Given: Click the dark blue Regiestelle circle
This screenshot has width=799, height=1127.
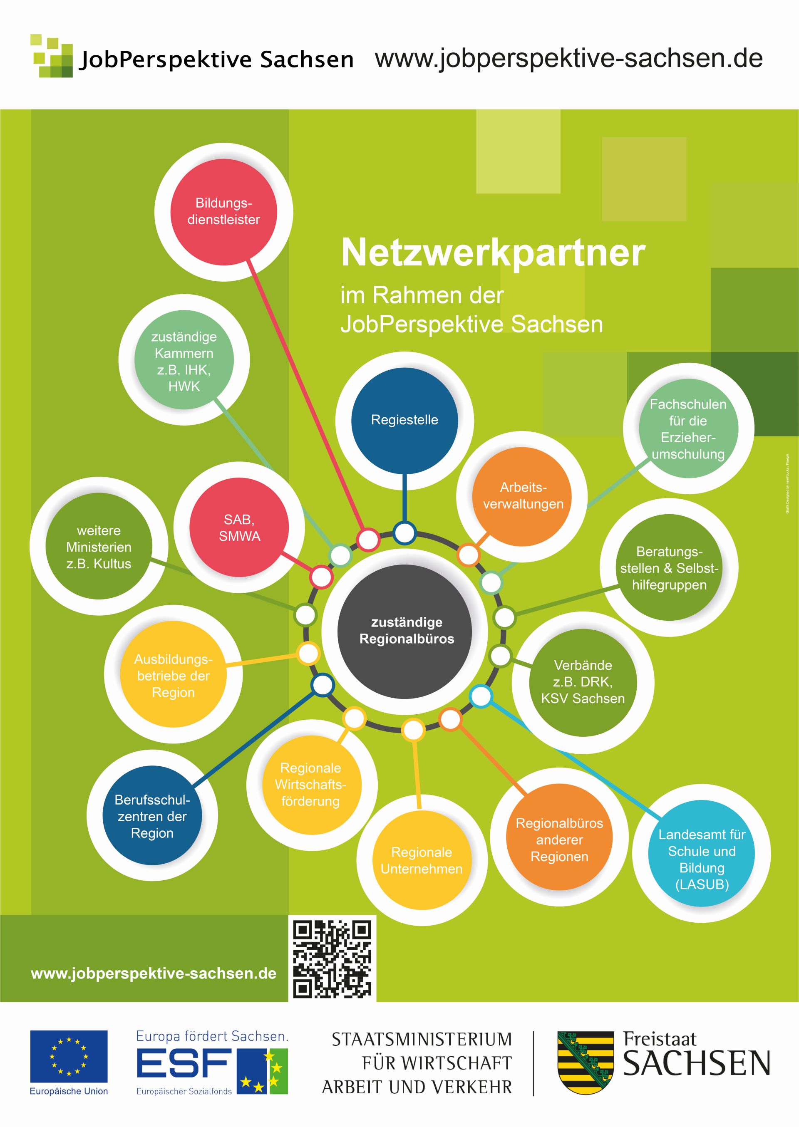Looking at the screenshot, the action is [x=404, y=421].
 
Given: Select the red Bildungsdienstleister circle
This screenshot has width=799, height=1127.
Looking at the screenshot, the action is [x=224, y=212].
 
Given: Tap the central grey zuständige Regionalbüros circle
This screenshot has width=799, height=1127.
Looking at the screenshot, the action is [x=405, y=632].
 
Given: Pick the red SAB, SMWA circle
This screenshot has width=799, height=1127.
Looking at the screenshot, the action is [x=239, y=527].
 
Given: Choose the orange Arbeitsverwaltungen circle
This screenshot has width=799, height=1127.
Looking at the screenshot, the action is [x=522, y=497].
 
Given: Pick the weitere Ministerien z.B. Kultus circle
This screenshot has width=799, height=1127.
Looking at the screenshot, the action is [x=99, y=546].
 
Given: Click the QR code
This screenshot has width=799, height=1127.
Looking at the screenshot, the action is [x=332, y=959].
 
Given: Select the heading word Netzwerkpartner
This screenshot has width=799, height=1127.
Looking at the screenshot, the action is [x=493, y=253].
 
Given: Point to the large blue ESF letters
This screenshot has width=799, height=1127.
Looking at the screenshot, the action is [x=184, y=1063].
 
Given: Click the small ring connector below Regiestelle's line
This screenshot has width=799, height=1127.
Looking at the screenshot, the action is [x=405, y=533].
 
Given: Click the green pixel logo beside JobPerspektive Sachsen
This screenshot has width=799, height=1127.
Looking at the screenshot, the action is [x=52, y=56].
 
